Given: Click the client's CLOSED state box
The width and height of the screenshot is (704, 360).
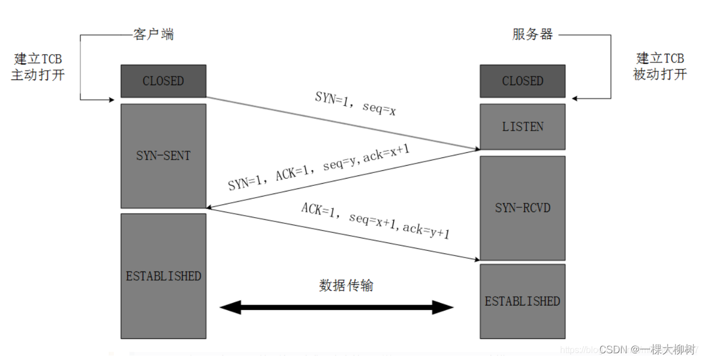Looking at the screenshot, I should coord(163,81).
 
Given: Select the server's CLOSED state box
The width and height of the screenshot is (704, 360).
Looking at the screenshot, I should coord(522,81).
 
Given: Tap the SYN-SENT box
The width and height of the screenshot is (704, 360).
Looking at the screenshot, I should coord(163,156).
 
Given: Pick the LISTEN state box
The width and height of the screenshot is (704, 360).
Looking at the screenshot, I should coord(522,127).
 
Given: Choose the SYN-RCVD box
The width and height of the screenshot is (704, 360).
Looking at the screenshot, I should coord(522,208).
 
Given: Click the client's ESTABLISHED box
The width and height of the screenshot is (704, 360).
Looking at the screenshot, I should coord(163,276).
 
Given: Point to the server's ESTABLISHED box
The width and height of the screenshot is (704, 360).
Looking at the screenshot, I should coord(522,301).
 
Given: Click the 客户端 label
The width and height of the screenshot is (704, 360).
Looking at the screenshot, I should coord(153,34).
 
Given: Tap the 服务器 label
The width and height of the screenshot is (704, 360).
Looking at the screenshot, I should coord(533,34).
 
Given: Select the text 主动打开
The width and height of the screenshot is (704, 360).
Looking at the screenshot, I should coord(38,74).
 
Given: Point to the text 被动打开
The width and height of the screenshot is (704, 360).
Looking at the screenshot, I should coord(660,74).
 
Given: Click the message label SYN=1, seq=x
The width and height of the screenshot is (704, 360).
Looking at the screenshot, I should coord(355,103).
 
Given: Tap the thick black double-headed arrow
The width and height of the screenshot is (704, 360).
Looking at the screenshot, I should coord(336,307).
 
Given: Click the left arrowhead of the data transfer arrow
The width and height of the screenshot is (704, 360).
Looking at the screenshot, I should coord(229,307).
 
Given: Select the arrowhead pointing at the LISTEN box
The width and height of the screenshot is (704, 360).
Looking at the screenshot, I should coord(476,149).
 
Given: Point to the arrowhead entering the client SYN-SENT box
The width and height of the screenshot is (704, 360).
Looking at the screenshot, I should coord(209,207).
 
